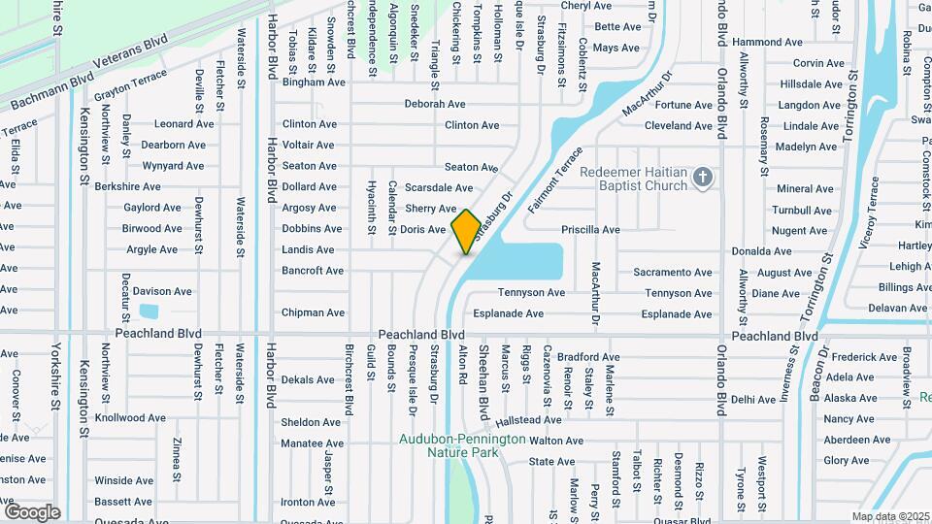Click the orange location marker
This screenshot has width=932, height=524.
coord(466,231)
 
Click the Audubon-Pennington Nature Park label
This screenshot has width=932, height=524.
coord(462,445)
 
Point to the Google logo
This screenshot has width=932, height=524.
coord(31,512)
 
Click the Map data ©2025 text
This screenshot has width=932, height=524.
coord(889,516)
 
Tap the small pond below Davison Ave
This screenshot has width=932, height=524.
coord(149,312)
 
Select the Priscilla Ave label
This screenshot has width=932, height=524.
coord(590,230)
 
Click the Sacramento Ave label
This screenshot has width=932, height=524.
coord(673,273)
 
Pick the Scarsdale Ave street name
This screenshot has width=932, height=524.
coord(439,187)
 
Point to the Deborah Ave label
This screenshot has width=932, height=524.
coord(435,104)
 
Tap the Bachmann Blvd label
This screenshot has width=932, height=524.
coord(51,90)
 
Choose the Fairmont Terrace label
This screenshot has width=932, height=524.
coord(555,180)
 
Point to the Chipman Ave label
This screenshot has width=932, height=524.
coord(313,312)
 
